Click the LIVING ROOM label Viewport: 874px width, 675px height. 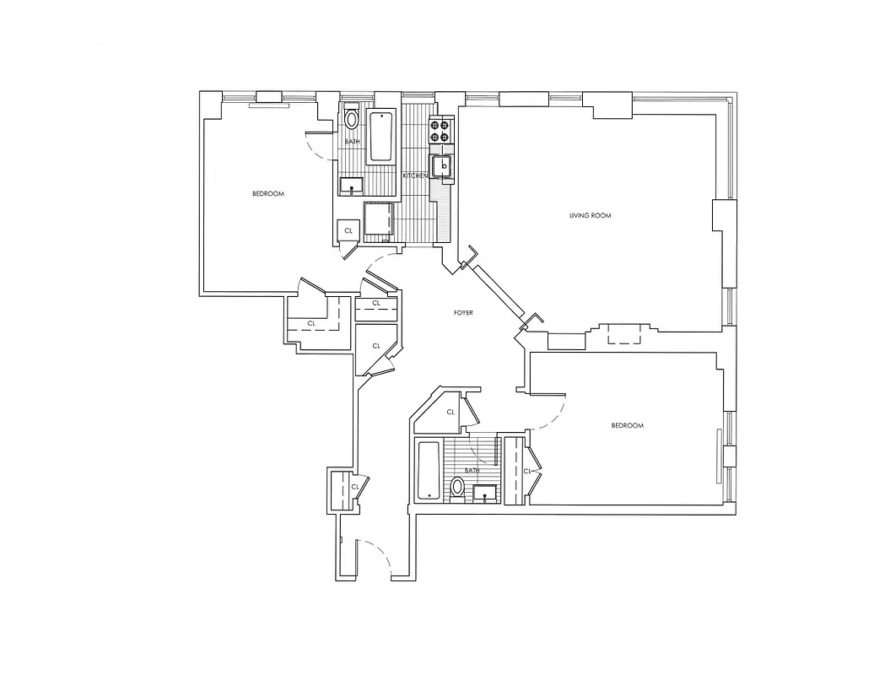pos(589,216)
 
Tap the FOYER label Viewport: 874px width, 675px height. pos(462,313)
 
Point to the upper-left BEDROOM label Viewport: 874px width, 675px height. pos(268,194)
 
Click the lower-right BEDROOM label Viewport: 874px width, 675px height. pos(627,425)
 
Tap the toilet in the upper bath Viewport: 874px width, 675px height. pos(352,119)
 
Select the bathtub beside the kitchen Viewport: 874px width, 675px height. pos(381,135)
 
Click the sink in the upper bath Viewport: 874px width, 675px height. pos(351,185)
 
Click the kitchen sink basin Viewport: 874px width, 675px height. pos(442,166)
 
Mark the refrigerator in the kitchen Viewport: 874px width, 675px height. pos(379,219)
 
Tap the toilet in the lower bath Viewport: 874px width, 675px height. pos(457,488)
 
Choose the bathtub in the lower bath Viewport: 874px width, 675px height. pos(429,470)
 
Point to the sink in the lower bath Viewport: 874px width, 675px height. pos(483,492)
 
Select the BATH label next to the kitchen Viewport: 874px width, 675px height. pos(352,142)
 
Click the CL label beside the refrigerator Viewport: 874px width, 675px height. pos(348,230)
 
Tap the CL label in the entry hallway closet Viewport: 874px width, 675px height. pos(355,487)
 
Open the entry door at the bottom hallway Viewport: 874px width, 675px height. pos(375,559)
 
